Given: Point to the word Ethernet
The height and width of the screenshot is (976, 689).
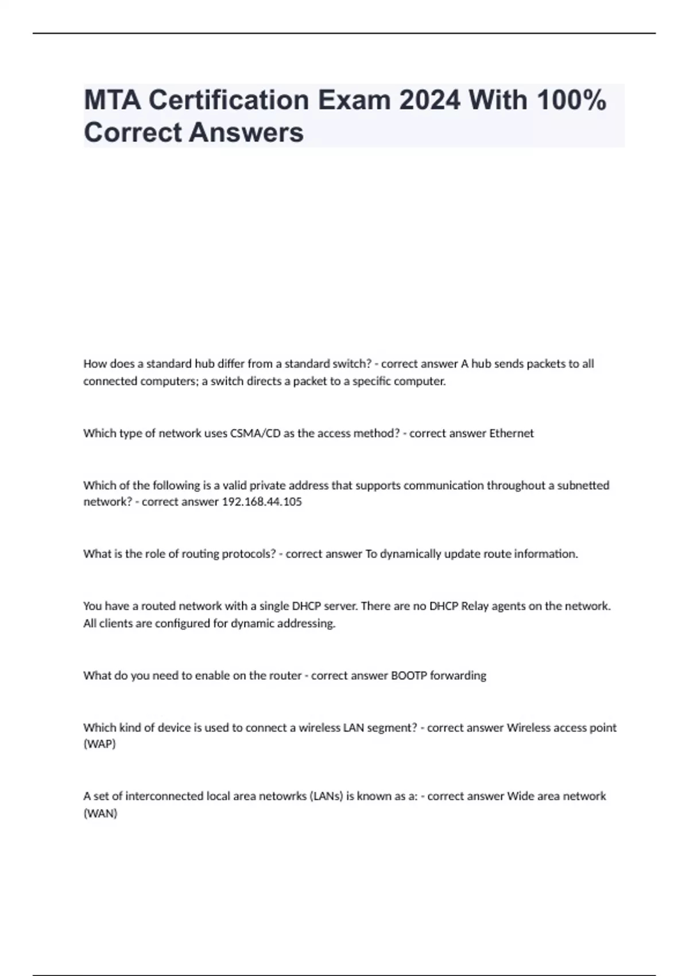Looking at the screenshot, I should (x=511, y=433).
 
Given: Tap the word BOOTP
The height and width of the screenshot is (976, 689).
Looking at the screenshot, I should (x=409, y=676).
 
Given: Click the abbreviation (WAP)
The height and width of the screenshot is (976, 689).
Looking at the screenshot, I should (x=99, y=744).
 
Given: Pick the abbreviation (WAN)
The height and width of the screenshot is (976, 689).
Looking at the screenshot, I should (x=100, y=814).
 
